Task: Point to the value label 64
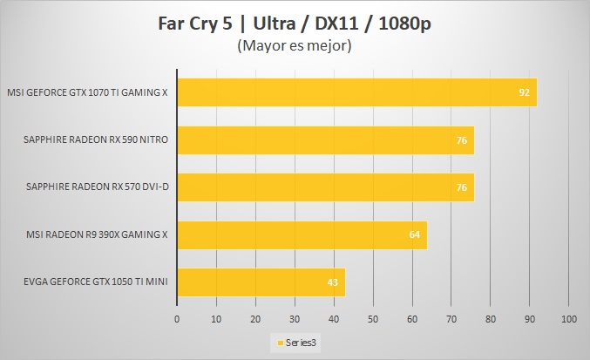[415, 234]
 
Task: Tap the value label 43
[333, 281]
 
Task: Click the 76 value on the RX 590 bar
[462, 139]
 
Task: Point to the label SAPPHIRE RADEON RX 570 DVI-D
[97, 187]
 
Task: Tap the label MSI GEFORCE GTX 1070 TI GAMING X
[87, 92]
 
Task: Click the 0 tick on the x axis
[177, 320]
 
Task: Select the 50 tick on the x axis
[373, 320]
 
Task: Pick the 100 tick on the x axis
[568, 320]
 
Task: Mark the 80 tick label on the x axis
[491, 320]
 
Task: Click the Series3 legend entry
[297, 343]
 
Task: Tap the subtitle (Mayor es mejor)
[295, 45]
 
